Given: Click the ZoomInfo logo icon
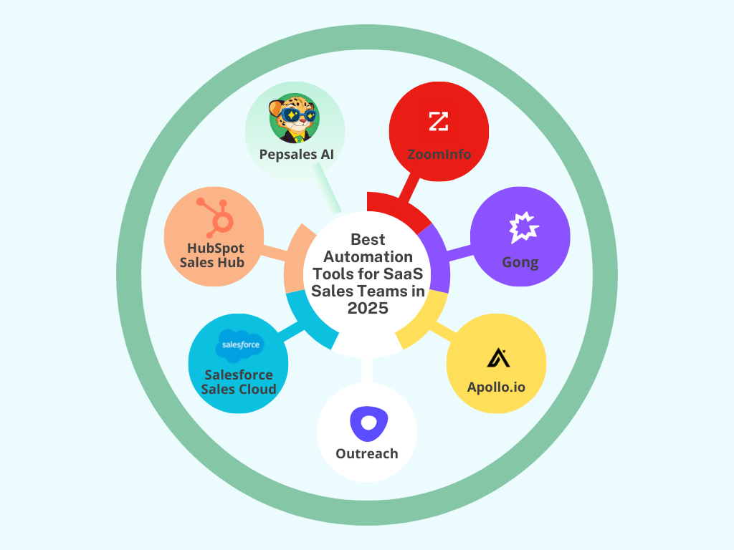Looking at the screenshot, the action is click(x=438, y=121).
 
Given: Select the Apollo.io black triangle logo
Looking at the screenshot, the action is click(x=497, y=357).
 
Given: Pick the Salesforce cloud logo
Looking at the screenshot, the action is click(x=239, y=345).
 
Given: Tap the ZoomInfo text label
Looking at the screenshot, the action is click(x=439, y=153).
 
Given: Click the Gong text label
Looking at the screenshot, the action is click(x=520, y=262).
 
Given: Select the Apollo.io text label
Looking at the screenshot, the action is click(x=496, y=387).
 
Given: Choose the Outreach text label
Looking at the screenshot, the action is click(x=367, y=453).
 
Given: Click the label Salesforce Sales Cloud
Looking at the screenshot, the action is click(x=239, y=382).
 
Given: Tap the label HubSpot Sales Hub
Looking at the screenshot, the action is click(x=216, y=255).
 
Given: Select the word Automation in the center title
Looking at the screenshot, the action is click(x=368, y=256).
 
